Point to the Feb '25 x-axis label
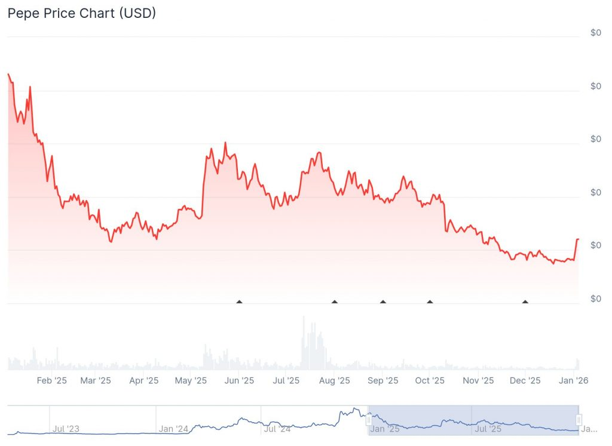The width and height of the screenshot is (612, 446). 52,380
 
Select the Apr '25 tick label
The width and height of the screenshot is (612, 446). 144,380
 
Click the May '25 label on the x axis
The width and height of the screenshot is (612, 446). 191,380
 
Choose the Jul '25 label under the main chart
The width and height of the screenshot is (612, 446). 286,380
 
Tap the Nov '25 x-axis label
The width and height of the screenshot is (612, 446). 479,380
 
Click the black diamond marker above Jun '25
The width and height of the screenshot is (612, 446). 239,302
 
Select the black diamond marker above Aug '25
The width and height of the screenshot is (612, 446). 335,302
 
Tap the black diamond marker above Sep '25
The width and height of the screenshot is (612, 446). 383,302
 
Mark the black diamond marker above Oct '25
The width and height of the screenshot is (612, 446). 430,302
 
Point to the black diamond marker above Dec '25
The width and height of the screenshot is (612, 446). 525,302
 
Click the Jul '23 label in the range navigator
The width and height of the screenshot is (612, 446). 66,428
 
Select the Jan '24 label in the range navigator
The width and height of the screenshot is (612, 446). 174,428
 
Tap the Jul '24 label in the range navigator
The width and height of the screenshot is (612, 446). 277,428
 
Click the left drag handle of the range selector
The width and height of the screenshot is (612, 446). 369,420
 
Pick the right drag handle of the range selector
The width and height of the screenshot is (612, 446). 579,420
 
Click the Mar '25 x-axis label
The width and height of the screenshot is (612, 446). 96,380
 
